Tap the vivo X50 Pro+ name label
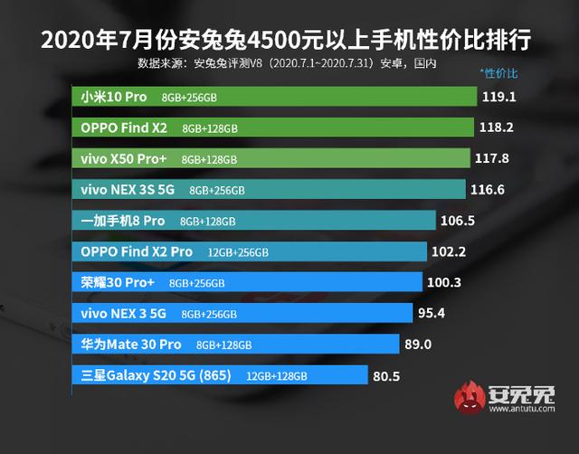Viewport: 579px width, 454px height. [x=123, y=158]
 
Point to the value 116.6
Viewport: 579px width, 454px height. [x=488, y=189]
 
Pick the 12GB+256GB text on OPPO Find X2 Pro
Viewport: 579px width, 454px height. [x=237, y=252]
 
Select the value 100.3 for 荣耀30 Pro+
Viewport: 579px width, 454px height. [x=444, y=282]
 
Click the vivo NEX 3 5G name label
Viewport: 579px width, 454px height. [x=123, y=314]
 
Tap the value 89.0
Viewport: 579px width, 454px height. [x=419, y=345]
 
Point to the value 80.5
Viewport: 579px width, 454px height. [x=386, y=375]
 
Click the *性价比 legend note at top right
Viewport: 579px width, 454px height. [x=498, y=71]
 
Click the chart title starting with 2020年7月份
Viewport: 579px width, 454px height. [x=288, y=40]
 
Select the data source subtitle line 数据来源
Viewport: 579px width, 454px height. [x=288, y=63]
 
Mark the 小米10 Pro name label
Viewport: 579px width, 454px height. [x=113, y=96]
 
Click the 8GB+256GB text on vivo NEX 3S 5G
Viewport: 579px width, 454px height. [x=217, y=190]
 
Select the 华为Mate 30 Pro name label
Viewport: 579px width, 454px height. [x=131, y=345]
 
